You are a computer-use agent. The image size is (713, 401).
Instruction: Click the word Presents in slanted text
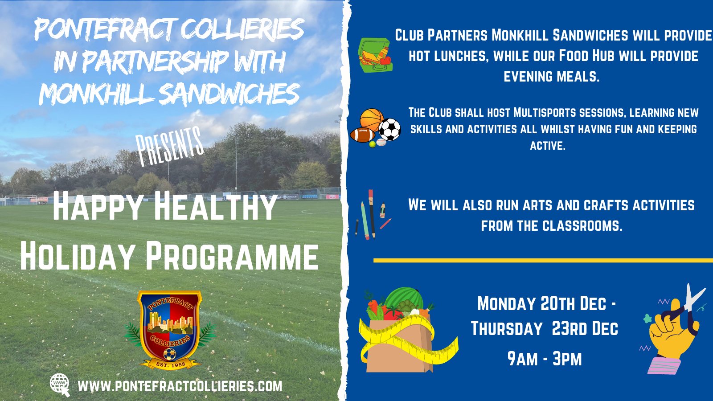tap(169, 146)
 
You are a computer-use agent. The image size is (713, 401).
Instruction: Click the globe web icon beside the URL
tap(60, 385)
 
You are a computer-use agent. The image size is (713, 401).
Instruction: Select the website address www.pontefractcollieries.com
tap(180, 386)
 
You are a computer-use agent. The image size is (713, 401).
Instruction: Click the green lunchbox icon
tap(375, 55)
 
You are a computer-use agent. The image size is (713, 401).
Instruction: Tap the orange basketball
tap(372, 120)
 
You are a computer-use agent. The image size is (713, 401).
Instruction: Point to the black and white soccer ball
tap(389, 130)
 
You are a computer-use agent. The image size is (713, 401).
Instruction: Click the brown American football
tap(362, 135)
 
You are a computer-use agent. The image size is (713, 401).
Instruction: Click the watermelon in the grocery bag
tap(404, 298)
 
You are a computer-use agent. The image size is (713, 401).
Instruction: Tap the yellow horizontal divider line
tap(543, 260)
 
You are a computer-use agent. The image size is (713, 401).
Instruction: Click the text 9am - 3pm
tap(545, 359)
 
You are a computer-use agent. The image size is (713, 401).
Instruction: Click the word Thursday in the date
tap(506, 328)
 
